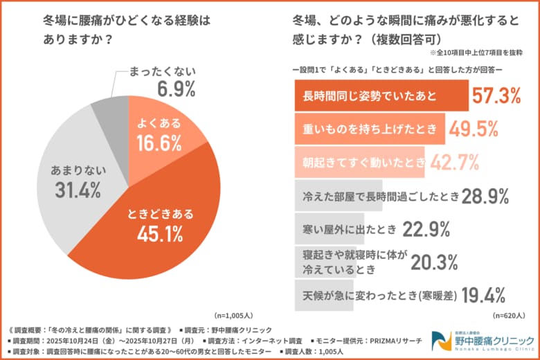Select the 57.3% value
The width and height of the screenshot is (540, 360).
click(x=496, y=96)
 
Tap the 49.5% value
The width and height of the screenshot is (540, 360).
click(x=473, y=129)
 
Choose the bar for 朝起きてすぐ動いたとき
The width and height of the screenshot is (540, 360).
click(x=360, y=162)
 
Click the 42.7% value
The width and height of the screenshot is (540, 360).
click(x=455, y=162)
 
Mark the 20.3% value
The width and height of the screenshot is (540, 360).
click(x=435, y=261)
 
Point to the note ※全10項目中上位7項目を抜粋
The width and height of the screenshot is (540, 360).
click(x=476, y=52)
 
